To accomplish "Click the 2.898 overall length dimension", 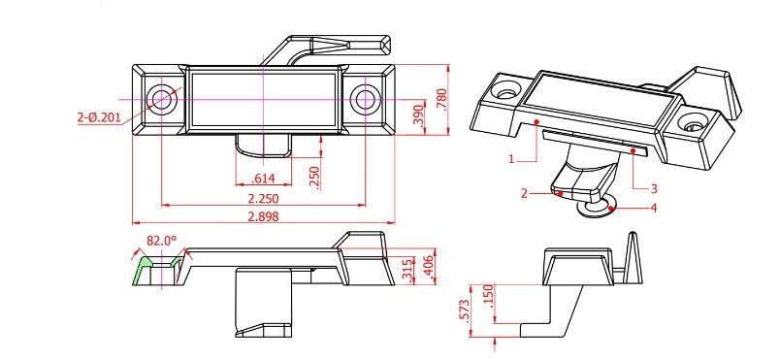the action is pos(264,216).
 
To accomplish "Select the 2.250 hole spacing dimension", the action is pos(264,198).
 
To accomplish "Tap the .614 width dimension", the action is pos(264,179).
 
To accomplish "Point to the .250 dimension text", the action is pos(314,177).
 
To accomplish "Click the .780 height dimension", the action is pos(441,99).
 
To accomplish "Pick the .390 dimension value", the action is pos(419,115).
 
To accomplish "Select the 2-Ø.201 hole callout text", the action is pos(99,117).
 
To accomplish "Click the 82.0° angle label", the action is pos(162,241).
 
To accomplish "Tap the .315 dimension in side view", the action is pos(409,271).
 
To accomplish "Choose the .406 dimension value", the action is pos(430,271).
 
